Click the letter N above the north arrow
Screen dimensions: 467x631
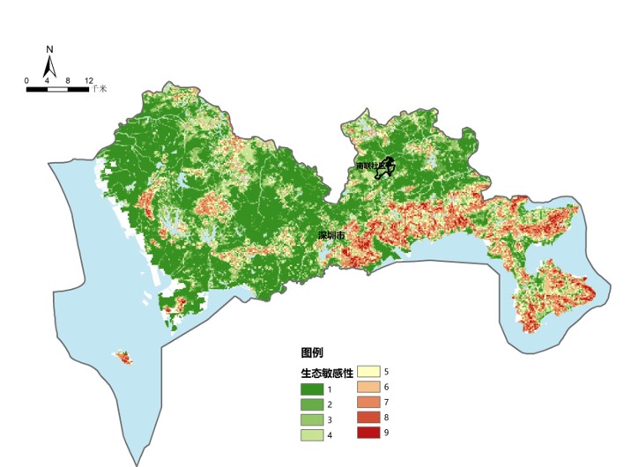click(x=50, y=49)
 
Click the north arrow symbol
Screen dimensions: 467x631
click(x=50, y=66)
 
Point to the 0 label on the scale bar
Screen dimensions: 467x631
click(x=26, y=81)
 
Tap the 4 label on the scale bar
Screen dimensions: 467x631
click(x=47, y=81)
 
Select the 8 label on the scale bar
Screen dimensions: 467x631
click(x=68, y=81)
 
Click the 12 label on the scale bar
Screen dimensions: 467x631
click(x=88, y=81)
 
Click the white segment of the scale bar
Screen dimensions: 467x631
click(x=57, y=89)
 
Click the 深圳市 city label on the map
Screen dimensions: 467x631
click(x=331, y=236)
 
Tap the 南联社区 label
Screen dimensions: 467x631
click(x=370, y=165)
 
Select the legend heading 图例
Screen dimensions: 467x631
click(x=313, y=352)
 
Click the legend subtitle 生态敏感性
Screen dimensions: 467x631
click(x=327, y=373)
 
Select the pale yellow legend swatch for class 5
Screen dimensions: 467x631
click(x=368, y=372)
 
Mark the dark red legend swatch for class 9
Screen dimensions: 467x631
click(x=368, y=433)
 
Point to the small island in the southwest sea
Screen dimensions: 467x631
click(x=122, y=356)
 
